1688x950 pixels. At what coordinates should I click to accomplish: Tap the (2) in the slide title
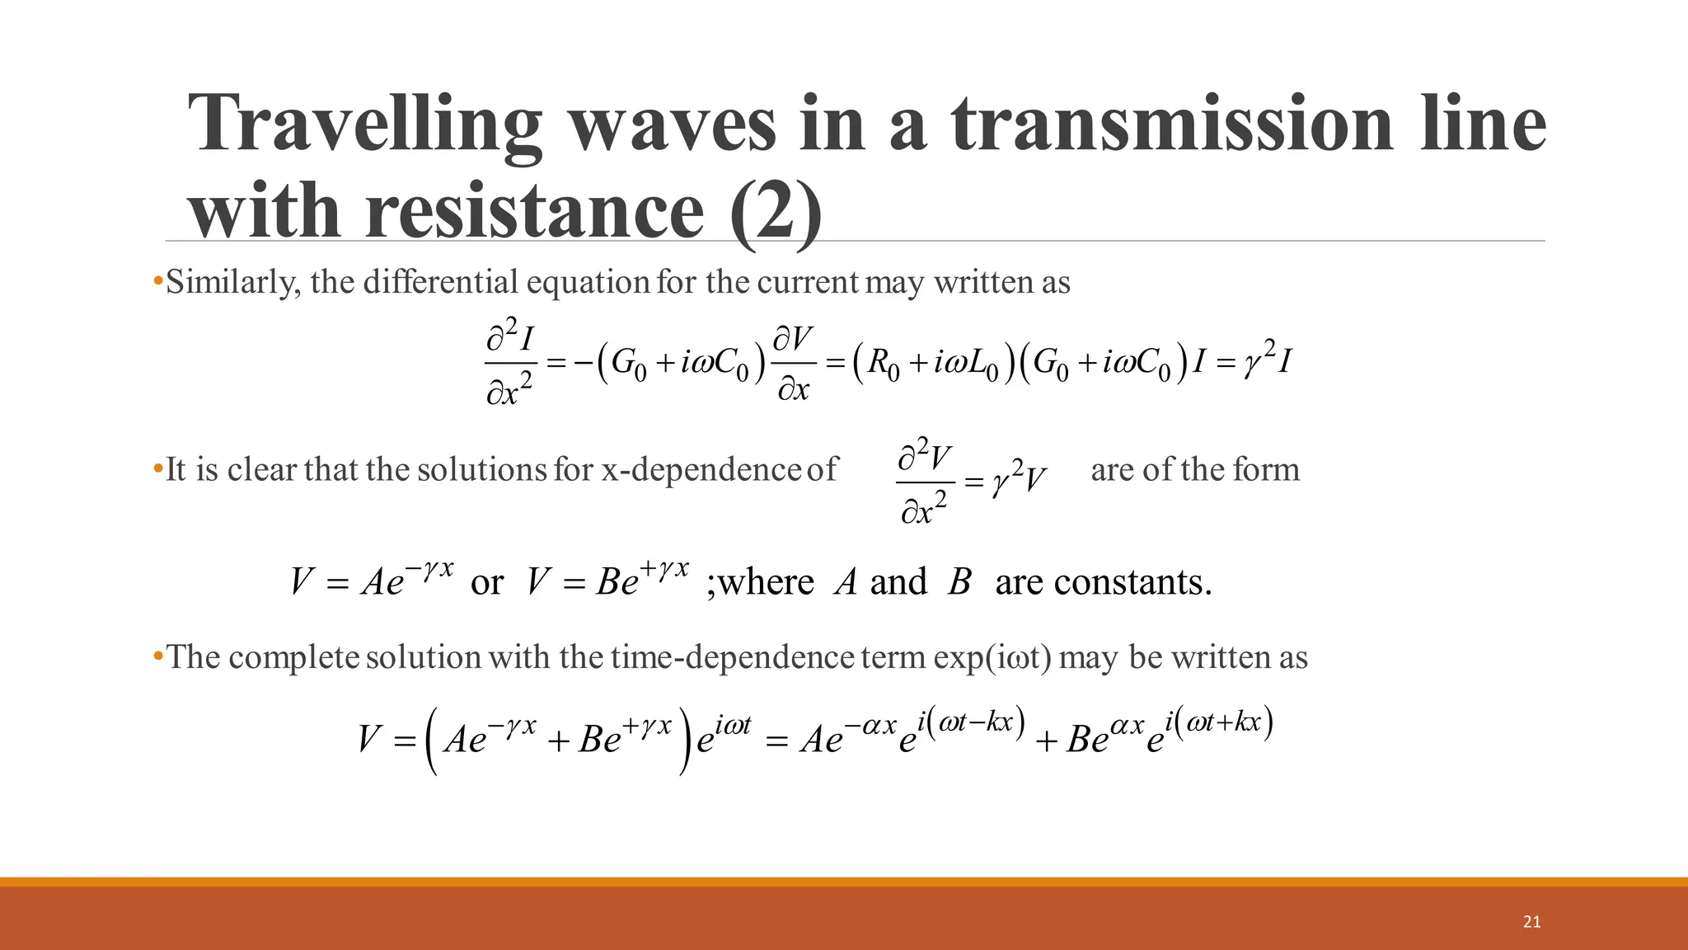pos(776,211)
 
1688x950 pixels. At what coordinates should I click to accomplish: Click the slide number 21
pos(1531,922)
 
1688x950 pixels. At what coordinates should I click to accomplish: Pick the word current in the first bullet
pos(807,283)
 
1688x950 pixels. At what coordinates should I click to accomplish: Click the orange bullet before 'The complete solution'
pos(157,657)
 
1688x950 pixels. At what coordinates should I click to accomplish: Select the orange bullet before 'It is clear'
pos(157,469)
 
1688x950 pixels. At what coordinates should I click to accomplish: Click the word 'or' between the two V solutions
pos(486,583)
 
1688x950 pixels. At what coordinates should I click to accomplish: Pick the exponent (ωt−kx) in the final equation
pos(976,723)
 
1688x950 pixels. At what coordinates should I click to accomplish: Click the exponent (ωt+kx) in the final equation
pos(1225,723)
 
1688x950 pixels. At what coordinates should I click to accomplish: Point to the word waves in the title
pos(672,124)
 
